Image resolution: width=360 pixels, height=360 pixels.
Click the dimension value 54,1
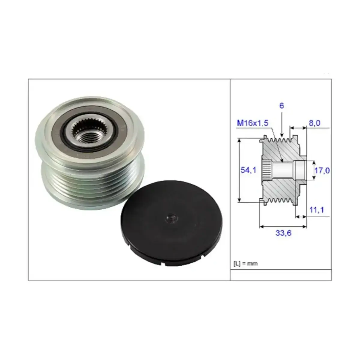pyautogui.click(x=248, y=170)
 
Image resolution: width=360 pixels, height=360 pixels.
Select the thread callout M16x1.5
pyautogui.click(x=252, y=123)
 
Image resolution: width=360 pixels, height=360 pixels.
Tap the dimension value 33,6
pyautogui.click(x=283, y=232)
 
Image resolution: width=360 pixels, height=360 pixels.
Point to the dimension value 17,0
pyautogui.click(x=322, y=171)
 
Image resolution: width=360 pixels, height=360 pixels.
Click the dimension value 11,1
pyautogui.click(x=316, y=210)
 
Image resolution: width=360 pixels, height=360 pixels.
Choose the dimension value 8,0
pyautogui.click(x=314, y=123)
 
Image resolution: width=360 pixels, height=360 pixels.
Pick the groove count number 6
pyautogui.click(x=281, y=106)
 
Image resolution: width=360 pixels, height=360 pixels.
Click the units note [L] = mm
pyautogui.click(x=245, y=264)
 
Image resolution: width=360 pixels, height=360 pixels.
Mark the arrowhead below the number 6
pyautogui.click(x=282, y=135)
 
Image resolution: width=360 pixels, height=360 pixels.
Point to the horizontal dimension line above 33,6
pyautogui.click(x=283, y=226)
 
